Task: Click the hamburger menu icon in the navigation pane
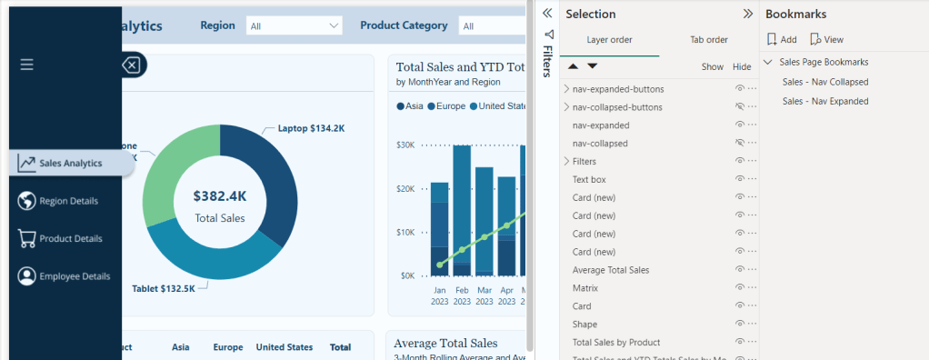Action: [26, 65]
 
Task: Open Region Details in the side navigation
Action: [68, 201]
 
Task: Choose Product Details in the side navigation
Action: [70, 238]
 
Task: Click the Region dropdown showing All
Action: [295, 26]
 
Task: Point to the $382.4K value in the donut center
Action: [220, 195]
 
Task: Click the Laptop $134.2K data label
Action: [311, 129]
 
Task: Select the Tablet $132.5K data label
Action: [164, 288]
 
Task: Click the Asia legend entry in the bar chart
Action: [409, 106]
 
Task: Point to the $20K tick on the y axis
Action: [405, 188]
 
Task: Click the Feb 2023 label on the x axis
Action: [462, 295]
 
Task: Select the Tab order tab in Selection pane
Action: [708, 40]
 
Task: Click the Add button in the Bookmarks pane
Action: [782, 40]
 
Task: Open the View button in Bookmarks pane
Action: [826, 40]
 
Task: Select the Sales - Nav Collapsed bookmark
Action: [824, 82]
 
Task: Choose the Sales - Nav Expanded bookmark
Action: [824, 101]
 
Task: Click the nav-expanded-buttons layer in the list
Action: [618, 89]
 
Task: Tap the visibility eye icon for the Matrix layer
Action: [740, 288]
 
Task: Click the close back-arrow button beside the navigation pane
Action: [132, 65]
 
